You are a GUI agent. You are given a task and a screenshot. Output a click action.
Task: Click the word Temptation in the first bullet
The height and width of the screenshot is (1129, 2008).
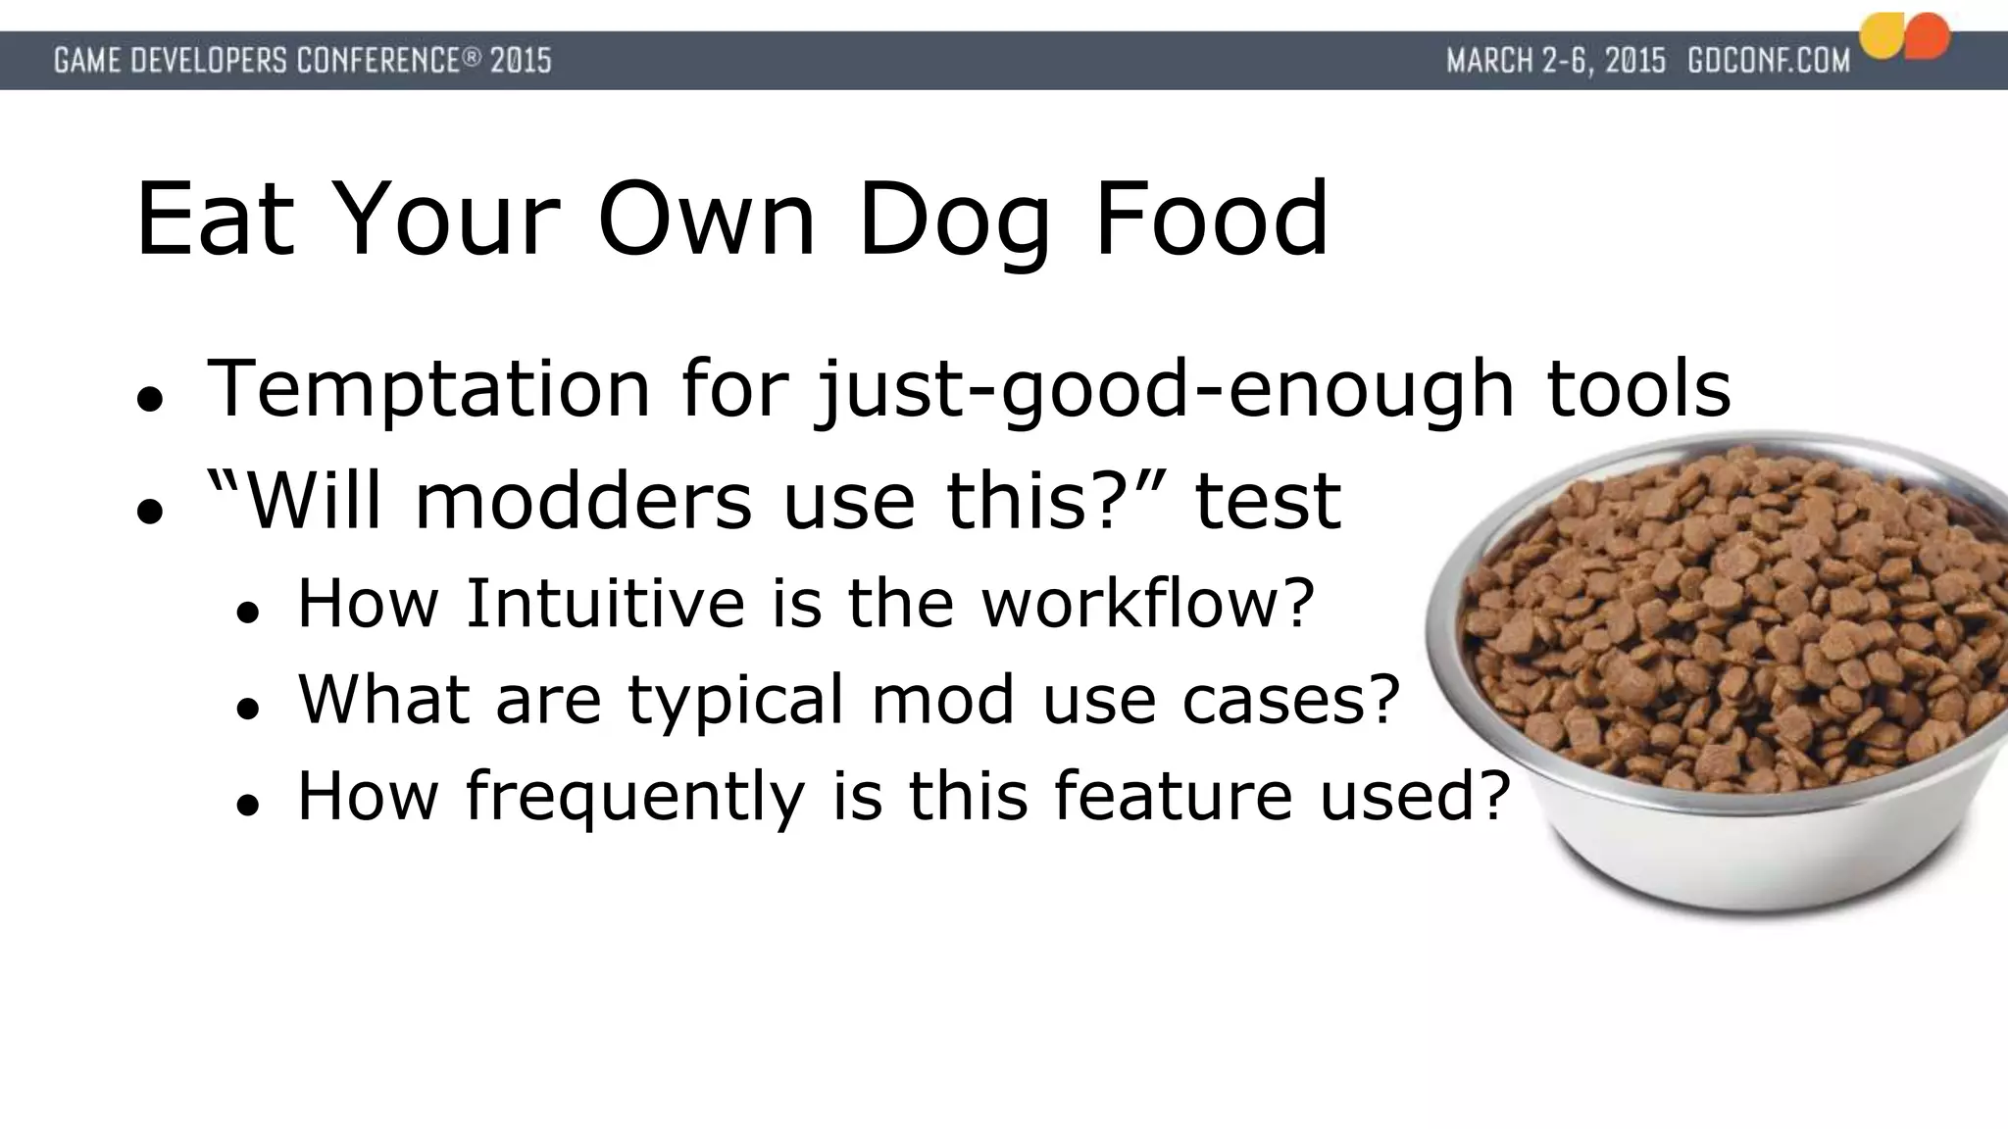coord(428,389)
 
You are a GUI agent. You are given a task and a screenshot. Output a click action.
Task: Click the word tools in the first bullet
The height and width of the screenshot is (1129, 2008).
coord(1638,389)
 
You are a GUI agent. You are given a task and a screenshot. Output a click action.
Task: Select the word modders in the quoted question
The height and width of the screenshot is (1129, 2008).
coord(585,501)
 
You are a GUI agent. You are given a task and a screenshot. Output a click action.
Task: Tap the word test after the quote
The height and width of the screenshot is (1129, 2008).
coord(1268,501)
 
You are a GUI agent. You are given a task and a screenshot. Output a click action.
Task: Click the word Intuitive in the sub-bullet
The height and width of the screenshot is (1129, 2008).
coord(605,603)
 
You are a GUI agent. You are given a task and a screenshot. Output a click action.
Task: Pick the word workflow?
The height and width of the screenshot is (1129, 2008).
coord(1147,603)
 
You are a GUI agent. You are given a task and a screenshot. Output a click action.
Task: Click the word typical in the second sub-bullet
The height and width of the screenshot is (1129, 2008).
coord(735,700)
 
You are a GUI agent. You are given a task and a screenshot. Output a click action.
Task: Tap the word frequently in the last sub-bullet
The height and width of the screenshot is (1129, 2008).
coord(634,796)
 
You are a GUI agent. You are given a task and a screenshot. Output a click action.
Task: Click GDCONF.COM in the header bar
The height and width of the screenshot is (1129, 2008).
coord(1768,61)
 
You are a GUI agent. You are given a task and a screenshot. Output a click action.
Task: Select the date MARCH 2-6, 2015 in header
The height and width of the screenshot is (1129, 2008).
coord(1556,61)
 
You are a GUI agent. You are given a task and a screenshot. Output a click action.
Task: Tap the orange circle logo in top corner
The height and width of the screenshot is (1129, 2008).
coord(1928,35)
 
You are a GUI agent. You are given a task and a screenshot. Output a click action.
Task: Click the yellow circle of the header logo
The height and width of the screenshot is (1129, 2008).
coord(1882,37)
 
